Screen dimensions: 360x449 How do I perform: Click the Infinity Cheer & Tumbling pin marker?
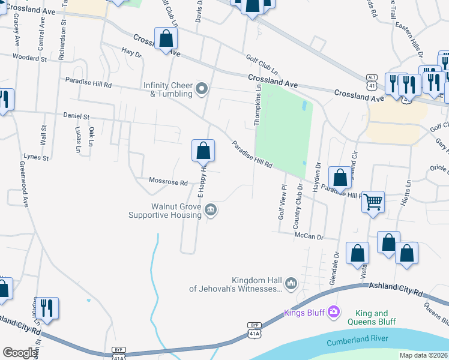pos(202,89)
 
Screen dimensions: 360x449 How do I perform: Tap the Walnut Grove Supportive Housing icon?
pos(210,209)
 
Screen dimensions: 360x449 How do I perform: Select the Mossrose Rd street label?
pos(169,182)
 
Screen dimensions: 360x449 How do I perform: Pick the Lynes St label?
pos(35,157)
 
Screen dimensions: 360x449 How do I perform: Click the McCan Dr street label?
pos(309,236)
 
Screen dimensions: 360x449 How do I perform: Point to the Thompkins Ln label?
pos(256,106)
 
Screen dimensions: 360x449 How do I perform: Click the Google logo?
pos(20,353)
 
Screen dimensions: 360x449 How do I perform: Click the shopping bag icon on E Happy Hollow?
pos(203,151)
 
